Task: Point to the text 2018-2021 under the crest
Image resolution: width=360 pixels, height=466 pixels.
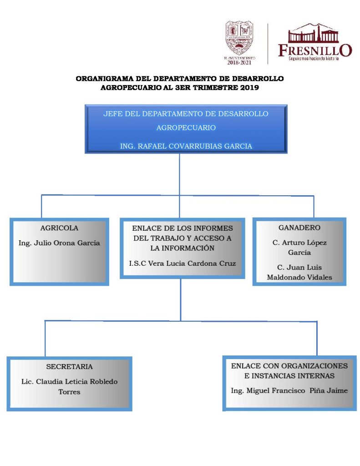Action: pyautogui.click(x=240, y=63)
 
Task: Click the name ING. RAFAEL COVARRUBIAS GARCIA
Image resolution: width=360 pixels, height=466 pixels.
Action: pyautogui.click(x=186, y=146)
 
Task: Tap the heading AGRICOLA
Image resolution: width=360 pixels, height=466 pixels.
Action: pyautogui.click(x=59, y=228)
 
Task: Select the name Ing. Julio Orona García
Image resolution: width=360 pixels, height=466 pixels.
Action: pyautogui.click(x=59, y=243)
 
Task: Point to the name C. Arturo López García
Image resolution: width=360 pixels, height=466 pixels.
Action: pyautogui.click(x=299, y=248)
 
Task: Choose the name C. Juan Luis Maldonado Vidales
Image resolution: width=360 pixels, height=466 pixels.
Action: pyautogui.click(x=299, y=272)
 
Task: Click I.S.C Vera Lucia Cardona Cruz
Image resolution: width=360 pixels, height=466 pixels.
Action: pyautogui.click(x=183, y=263)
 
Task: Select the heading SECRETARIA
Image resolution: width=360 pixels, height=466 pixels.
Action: pyautogui.click(x=69, y=366)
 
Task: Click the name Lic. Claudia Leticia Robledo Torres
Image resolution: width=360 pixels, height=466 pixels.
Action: pyautogui.click(x=69, y=386)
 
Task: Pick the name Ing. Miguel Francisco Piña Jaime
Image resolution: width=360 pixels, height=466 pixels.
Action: pyautogui.click(x=289, y=390)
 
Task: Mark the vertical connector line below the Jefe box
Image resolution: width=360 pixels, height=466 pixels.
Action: pyautogui.click(x=179, y=175)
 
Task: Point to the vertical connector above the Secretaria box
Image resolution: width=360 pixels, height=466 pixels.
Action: pyautogui.click(x=45, y=339)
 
